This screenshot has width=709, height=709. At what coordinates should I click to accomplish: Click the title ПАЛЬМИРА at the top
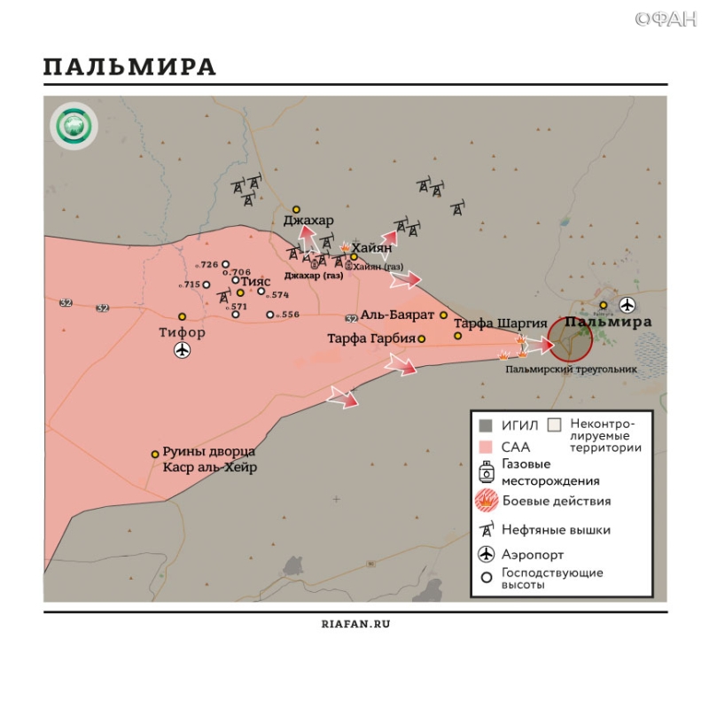click(129, 67)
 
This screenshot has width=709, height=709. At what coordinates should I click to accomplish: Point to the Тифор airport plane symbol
click(183, 351)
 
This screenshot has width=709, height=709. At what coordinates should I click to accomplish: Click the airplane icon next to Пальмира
click(627, 306)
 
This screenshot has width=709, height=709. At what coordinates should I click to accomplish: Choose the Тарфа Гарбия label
click(370, 339)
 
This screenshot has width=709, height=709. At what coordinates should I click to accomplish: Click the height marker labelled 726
click(225, 264)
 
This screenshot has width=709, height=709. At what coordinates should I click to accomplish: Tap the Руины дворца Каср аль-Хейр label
click(209, 460)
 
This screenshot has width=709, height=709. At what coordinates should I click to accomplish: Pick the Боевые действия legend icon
click(487, 501)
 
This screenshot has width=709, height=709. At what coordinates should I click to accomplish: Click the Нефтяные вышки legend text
click(556, 530)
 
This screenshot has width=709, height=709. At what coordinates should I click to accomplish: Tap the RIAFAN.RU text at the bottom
click(354, 623)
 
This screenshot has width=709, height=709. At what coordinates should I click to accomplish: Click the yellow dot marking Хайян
click(354, 257)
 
